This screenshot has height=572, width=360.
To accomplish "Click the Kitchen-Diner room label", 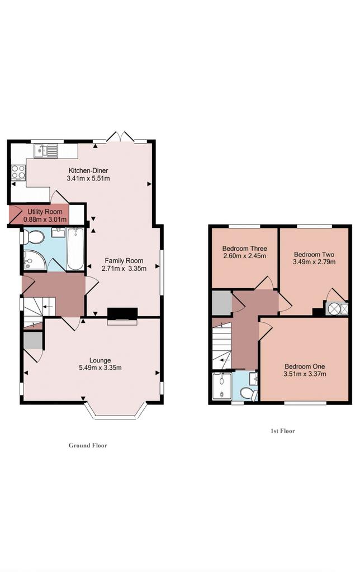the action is coord(88,170).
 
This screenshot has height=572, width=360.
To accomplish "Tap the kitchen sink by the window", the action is coord(46,150).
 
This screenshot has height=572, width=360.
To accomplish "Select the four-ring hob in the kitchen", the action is coord(18,172).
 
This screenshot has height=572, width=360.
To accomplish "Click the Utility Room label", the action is coord(45,212).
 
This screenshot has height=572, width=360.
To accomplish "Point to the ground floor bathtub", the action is coord(75,249).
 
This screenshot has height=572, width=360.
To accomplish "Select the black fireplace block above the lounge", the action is coord(122,313).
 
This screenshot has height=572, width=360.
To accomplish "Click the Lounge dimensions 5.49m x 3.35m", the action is coord(100,368).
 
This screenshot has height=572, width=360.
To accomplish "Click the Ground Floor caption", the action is coord(88,445).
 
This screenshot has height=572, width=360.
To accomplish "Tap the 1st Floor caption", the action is coord(283,431).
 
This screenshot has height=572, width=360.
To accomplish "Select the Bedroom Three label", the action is coord(245,249).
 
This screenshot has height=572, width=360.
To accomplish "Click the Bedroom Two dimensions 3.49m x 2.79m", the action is coord(314,261).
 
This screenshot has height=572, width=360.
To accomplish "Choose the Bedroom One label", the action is coord(305,366).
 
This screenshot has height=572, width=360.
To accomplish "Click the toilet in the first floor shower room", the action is coord(249,394).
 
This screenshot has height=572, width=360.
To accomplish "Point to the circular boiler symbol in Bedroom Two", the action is coord(334,308).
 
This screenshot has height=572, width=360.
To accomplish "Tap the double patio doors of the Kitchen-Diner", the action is coord(121,136).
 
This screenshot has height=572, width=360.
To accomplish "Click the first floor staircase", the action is coord(221,346).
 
